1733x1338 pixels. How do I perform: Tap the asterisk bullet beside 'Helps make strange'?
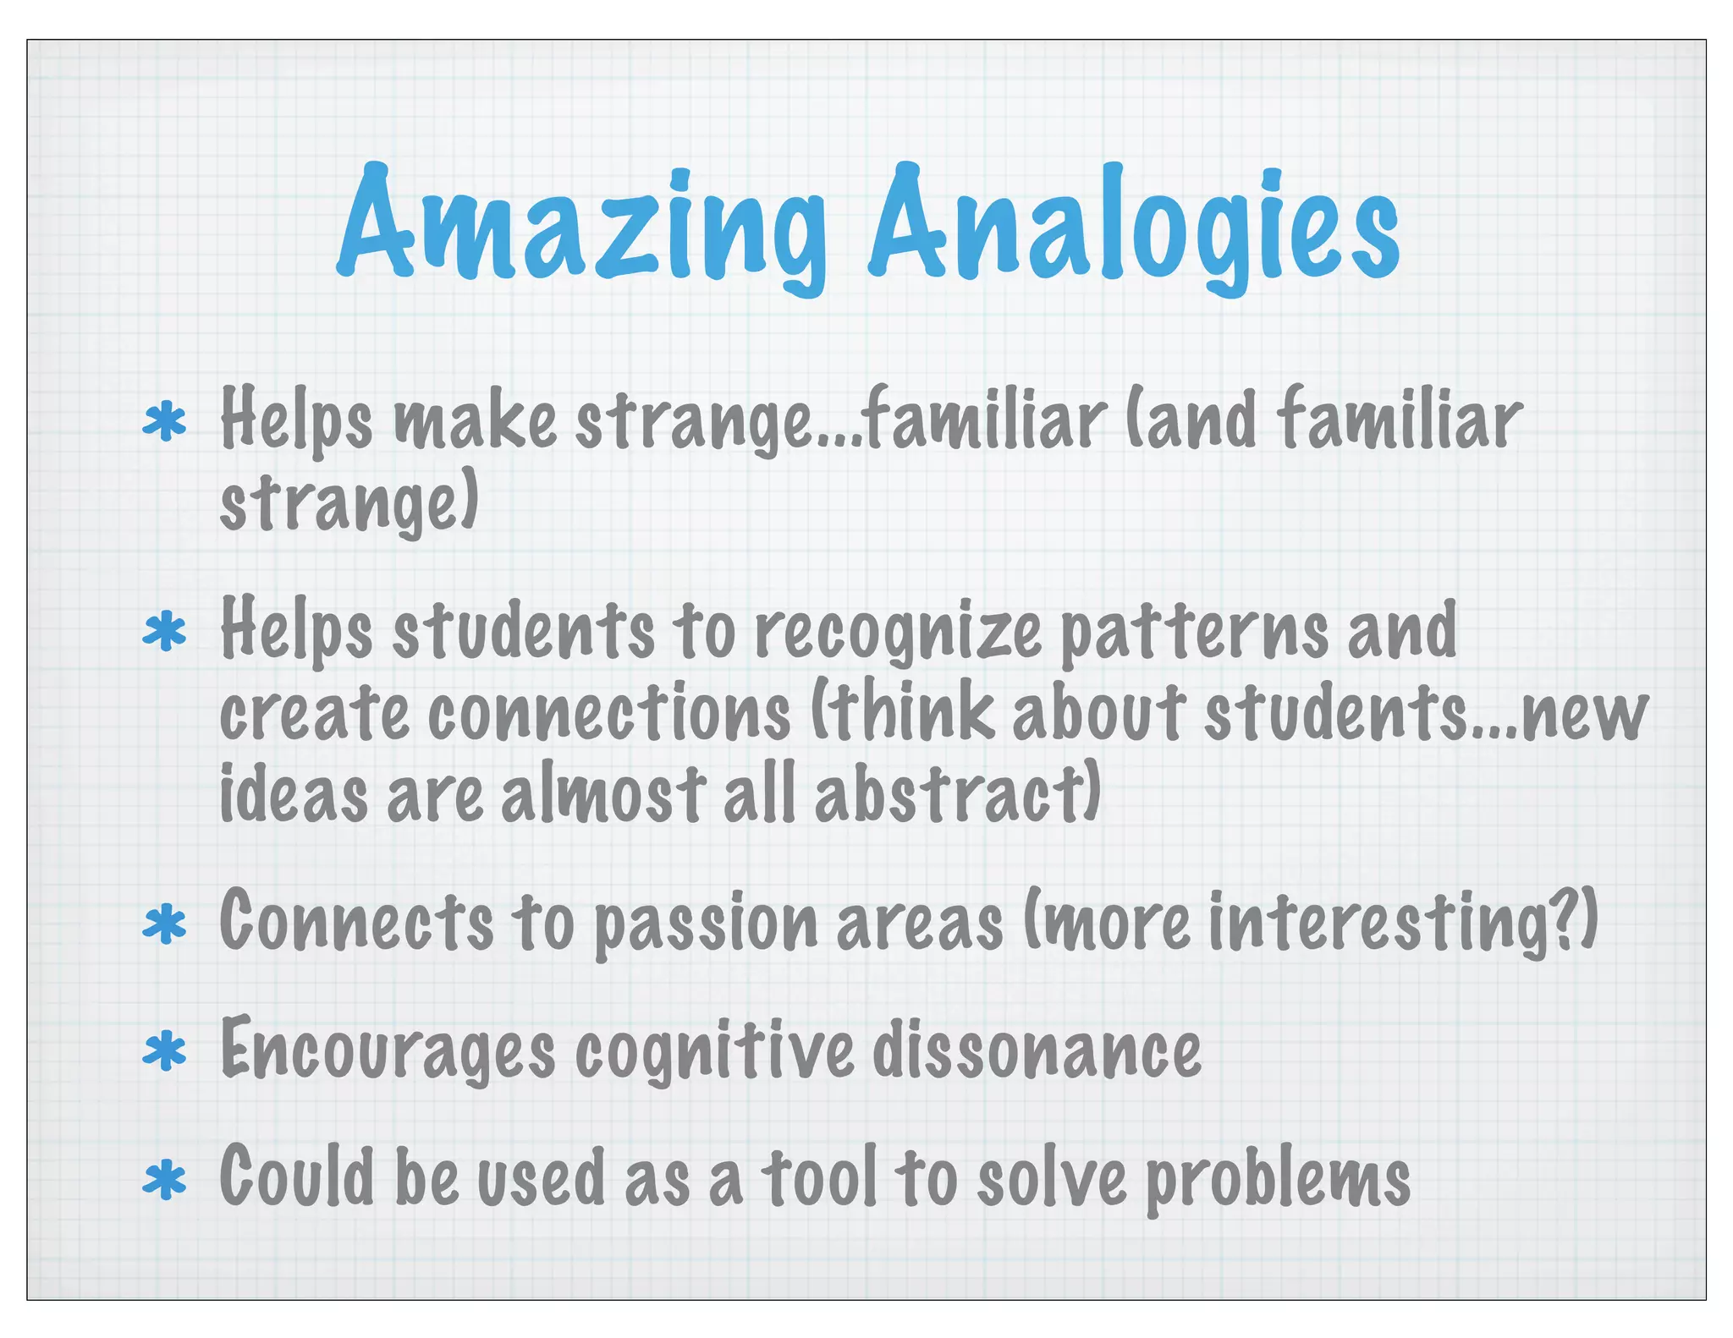pos(165,424)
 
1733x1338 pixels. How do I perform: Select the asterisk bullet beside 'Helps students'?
pos(165,633)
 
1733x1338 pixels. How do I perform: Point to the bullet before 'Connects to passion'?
pos(165,924)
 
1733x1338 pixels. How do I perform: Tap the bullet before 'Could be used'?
pos(165,1181)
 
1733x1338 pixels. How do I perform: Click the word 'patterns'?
pos(1193,633)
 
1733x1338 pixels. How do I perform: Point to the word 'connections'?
pos(609,713)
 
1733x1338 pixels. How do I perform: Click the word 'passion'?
pos(706,924)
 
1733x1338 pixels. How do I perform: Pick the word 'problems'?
pos(1278,1181)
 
